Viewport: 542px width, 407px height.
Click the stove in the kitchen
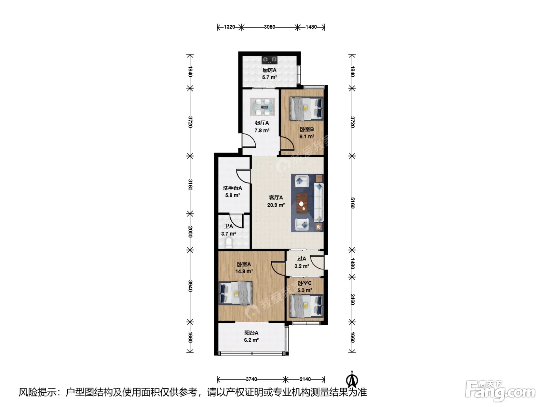(269, 60)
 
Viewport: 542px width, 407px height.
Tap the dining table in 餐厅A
(262, 107)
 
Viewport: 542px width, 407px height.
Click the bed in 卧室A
(235, 293)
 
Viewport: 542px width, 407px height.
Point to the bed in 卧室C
(306, 305)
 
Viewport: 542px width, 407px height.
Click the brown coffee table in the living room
(302, 203)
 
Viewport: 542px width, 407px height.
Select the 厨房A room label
(269, 70)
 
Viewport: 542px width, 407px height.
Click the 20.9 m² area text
(276, 205)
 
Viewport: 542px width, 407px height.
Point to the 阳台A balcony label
(251, 333)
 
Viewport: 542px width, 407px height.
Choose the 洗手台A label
(232, 188)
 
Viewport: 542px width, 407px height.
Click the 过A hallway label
(302, 259)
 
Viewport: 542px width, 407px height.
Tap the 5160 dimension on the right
(352, 203)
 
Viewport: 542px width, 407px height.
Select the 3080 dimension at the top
(269, 27)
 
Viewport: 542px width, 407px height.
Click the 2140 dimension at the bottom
(305, 379)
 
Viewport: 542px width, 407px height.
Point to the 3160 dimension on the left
(190, 185)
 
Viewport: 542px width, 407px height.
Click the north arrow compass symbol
(352, 380)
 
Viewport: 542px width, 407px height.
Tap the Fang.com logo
(500, 391)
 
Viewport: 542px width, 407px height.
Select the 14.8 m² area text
(244, 271)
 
